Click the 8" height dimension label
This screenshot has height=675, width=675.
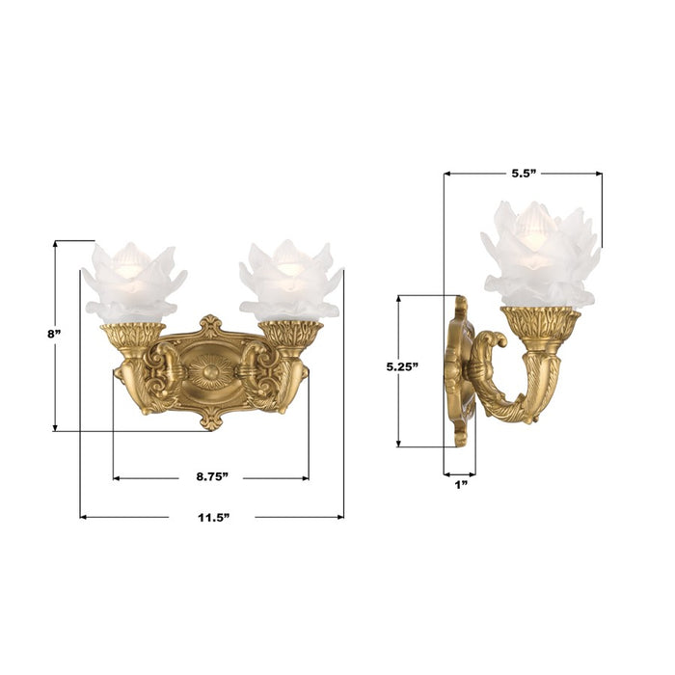point(54,334)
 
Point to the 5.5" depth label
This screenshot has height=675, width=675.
point(523,174)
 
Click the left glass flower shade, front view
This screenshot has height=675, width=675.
point(132,282)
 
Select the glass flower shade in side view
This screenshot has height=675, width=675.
point(540,256)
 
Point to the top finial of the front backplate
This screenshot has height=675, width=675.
point(210,325)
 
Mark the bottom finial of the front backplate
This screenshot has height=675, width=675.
point(210,419)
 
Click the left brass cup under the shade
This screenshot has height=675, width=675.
point(132,337)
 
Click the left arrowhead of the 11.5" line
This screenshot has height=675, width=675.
point(84,517)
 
